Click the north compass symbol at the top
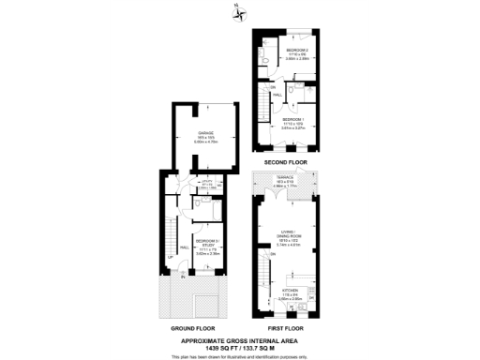239,11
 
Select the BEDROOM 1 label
295,119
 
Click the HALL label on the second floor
278,95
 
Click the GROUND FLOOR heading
192,330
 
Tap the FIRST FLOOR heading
287,330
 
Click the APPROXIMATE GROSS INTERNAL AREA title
239,339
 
